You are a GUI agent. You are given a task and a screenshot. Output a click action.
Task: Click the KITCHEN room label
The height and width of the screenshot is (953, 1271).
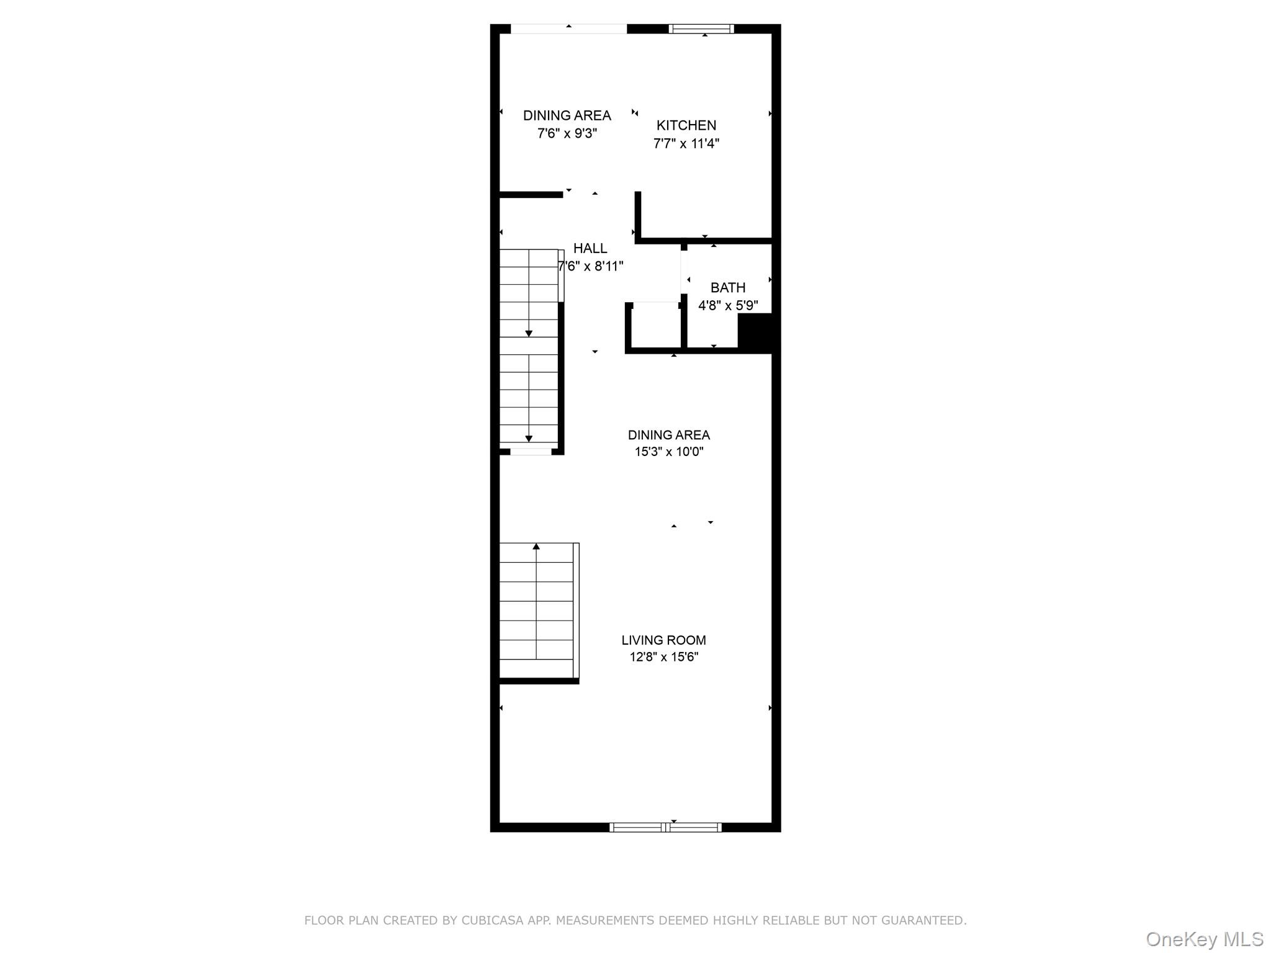[x=686, y=125]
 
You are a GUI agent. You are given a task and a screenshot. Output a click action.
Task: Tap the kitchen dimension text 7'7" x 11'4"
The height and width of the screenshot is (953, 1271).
[x=686, y=143]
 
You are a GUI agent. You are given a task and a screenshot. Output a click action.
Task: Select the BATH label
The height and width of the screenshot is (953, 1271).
[x=728, y=288]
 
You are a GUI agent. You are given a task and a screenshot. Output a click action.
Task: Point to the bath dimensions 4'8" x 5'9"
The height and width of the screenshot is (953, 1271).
[x=728, y=305]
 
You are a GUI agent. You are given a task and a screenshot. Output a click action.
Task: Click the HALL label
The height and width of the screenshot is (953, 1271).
[x=590, y=248]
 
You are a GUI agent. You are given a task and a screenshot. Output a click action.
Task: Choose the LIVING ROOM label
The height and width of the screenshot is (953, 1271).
[x=664, y=640]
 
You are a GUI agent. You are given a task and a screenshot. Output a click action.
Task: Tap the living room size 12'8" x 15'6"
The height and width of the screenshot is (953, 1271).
[x=664, y=657]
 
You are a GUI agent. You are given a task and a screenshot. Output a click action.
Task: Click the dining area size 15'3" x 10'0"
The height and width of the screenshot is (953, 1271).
[x=669, y=452]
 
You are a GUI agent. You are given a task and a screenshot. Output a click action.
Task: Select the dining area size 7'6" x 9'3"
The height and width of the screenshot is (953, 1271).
[x=567, y=133]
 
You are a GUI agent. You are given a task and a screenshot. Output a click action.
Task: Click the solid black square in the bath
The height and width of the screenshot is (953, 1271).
[x=755, y=333]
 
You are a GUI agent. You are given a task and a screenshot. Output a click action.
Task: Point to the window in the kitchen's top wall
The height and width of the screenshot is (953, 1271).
[x=701, y=29]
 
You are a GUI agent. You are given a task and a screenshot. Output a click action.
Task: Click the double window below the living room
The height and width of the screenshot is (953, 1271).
[x=665, y=827]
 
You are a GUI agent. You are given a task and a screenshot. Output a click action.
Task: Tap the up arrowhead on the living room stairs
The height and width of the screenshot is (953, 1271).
[x=536, y=547]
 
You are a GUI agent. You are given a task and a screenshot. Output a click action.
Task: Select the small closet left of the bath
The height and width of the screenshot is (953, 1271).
[x=656, y=326]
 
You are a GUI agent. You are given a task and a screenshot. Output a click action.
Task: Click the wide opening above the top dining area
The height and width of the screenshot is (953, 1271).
[x=568, y=29]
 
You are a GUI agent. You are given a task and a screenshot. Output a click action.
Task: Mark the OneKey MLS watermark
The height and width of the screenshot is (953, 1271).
[x=1205, y=939]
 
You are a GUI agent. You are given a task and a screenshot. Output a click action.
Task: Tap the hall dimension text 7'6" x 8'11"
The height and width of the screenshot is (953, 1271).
[x=590, y=266]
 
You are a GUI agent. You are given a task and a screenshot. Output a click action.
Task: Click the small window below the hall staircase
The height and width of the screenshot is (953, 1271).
[x=531, y=452]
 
